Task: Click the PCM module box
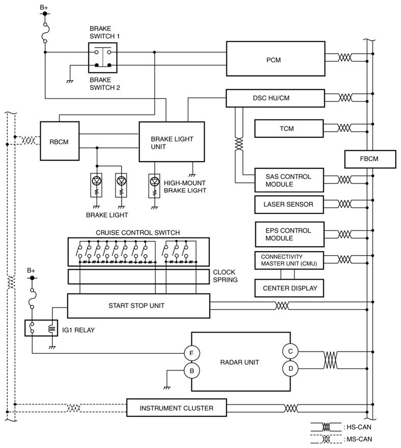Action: click(x=275, y=58)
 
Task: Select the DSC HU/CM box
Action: click(x=275, y=98)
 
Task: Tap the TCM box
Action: click(x=289, y=129)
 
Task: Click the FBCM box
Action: click(x=370, y=159)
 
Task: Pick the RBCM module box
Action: click(x=60, y=141)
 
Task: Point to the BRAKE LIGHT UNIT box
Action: click(x=171, y=142)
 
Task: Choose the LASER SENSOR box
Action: click(x=289, y=204)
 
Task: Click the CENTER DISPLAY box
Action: click(x=289, y=288)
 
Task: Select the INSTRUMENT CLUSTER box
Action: click(x=177, y=408)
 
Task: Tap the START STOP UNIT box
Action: click(x=138, y=306)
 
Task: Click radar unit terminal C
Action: click(x=290, y=351)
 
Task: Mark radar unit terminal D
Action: click(x=290, y=369)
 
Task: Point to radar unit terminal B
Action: click(x=192, y=371)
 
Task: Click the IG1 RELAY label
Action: click(x=78, y=330)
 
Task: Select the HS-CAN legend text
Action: click(x=359, y=427)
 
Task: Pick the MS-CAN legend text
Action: click(x=359, y=439)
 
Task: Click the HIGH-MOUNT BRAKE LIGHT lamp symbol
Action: click(x=155, y=186)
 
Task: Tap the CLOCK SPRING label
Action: click(x=225, y=276)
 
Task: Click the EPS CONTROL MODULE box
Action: click(x=290, y=234)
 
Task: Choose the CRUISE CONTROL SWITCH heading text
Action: click(x=138, y=232)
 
